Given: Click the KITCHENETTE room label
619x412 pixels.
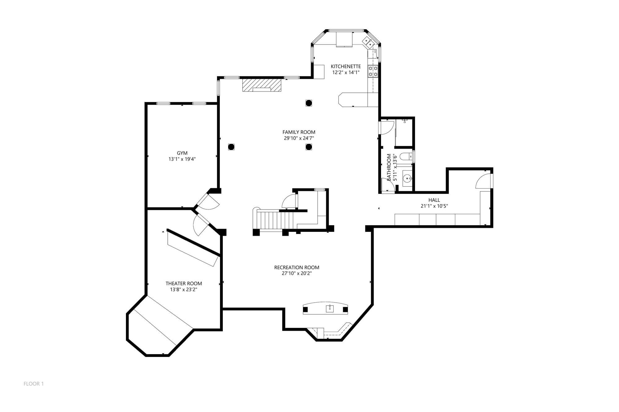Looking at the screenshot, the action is point(346,66).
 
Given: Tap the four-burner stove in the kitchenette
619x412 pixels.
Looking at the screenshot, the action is point(373,71).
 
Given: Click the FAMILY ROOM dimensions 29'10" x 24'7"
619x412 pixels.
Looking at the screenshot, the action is point(299,138).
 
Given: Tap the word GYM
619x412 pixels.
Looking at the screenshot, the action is point(182,153).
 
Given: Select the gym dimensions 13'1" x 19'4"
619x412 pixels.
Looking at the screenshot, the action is point(182,159).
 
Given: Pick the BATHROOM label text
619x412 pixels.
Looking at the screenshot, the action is point(389,167).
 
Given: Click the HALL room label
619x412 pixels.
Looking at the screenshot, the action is point(434,200).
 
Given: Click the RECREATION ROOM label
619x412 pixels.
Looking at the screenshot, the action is point(297,267).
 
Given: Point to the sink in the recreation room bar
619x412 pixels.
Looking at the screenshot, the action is point(330,308).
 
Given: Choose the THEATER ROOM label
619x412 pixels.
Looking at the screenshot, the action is point(184,283).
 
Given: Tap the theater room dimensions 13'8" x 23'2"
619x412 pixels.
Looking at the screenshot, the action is point(184,290).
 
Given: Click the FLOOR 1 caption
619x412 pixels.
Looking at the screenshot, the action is point(34,384).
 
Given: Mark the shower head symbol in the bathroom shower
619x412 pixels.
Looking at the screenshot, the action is point(405,120).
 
